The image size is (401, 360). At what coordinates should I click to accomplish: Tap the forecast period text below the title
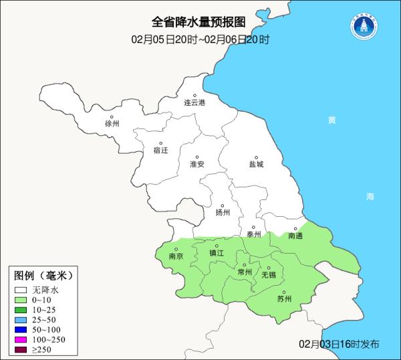tap(200, 39)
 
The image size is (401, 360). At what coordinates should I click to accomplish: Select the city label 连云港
tap(194, 102)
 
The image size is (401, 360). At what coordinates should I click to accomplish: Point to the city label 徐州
tap(112, 124)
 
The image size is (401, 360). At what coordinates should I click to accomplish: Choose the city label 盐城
tap(256, 164)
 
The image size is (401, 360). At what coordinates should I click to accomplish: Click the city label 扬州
tap(223, 213)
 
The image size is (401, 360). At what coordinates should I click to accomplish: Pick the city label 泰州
tap(253, 234)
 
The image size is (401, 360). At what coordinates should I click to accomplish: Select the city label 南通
tap(295, 236)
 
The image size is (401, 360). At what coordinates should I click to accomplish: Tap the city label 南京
tap(176, 256)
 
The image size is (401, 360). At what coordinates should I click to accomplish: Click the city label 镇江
tap(217, 253)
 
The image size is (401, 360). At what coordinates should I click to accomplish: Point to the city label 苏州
tap(284, 299)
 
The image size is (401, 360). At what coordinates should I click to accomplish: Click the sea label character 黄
tap(331, 120)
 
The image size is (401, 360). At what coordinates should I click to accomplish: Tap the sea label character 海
tap(370, 197)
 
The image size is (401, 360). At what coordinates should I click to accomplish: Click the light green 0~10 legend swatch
tap(21, 300)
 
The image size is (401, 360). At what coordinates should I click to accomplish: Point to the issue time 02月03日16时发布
tap(339, 344)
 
